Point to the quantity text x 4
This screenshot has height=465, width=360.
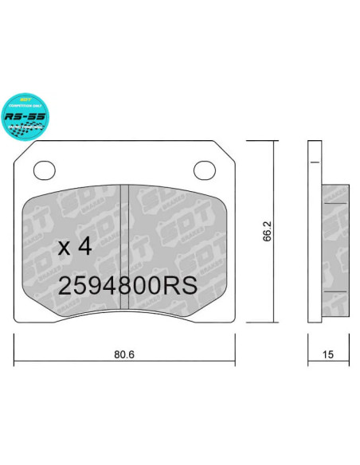[76, 247]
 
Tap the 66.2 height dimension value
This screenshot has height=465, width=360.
[268, 231]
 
